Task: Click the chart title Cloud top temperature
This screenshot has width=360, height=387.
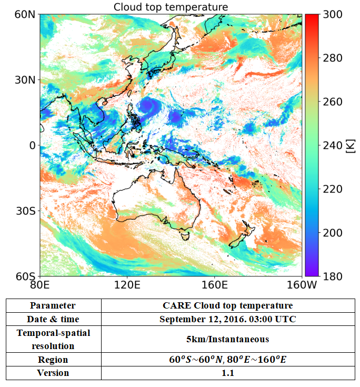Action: (171, 7)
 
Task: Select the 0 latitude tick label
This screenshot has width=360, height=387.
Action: (32, 145)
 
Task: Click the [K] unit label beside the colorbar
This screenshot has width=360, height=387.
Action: (350, 146)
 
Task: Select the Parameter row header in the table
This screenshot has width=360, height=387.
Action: (53, 305)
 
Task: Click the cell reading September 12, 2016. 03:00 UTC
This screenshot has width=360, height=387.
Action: (228, 319)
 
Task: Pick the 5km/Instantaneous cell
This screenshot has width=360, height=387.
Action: (228, 339)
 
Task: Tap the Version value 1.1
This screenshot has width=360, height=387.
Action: (228, 373)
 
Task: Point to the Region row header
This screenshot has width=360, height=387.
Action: (53, 360)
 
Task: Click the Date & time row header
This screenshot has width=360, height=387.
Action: (53, 319)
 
